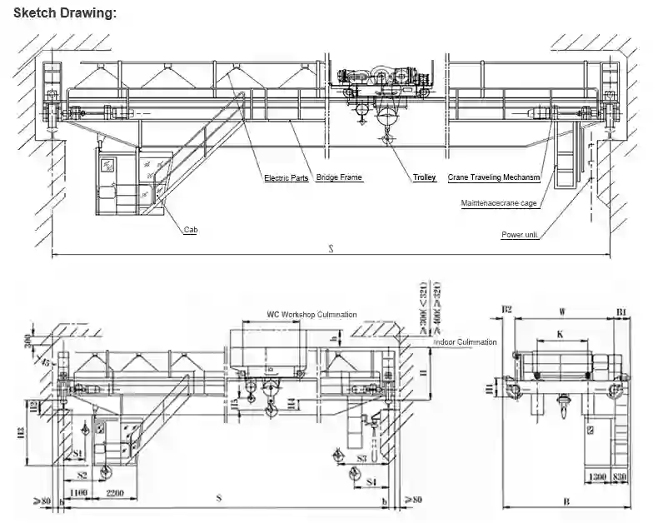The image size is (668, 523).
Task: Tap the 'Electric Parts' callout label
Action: click(287, 178)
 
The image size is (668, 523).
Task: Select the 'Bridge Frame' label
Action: click(340, 177)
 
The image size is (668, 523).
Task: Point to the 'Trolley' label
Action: click(424, 177)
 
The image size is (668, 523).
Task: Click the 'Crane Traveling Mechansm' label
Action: click(494, 177)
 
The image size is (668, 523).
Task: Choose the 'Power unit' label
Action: click(521, 235)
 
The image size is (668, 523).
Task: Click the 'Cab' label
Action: click(192, 230)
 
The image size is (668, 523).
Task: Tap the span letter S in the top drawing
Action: click(330, 249)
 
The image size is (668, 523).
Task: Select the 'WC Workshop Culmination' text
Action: click(312, 315)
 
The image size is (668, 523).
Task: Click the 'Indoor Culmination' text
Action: click(464, 342)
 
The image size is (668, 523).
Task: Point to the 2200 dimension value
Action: click(116, 494)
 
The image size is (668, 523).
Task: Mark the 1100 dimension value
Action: click(80, 494)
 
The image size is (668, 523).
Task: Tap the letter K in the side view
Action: click(561, 334)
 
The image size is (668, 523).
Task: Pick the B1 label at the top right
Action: click(621, 312)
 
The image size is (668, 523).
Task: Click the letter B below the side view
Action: click(566, 502)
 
